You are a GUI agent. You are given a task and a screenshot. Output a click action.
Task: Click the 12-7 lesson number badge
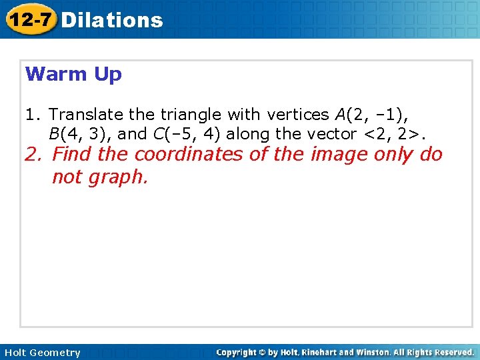[31, 19]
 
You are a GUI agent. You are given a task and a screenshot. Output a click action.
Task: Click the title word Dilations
[111, 20]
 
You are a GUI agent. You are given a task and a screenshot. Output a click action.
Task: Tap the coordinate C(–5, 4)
[187, 134]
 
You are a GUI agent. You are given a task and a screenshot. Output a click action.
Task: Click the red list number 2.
[35, 155]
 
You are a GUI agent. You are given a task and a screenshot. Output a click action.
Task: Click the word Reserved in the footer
[452, 352]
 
